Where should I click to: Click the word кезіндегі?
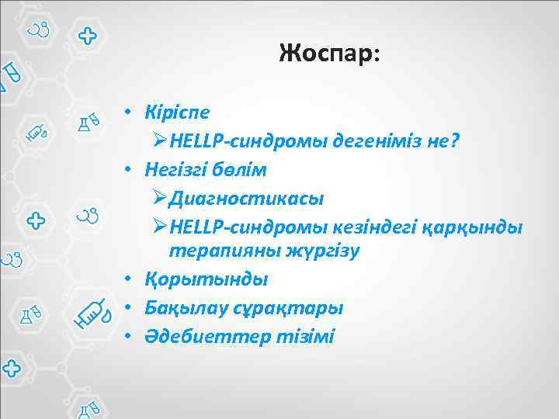point(381,227)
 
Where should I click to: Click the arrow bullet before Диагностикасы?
point(159,198)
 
